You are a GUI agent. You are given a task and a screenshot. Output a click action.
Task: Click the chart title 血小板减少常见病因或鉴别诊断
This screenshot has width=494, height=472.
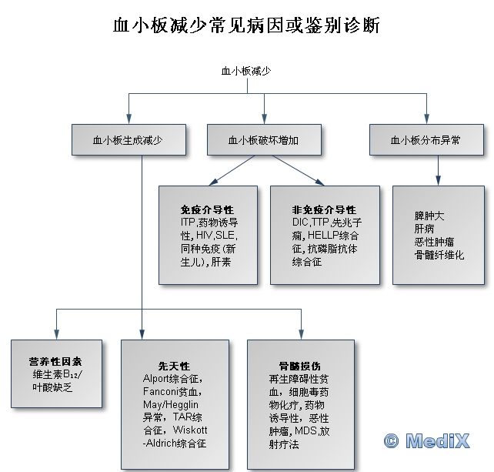246,25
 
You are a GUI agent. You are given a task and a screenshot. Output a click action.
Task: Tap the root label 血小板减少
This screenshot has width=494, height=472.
246,71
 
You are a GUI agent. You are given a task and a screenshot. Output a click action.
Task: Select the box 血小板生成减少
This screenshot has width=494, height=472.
129,140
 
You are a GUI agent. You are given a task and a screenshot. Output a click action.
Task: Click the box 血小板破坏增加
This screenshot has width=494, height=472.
263,140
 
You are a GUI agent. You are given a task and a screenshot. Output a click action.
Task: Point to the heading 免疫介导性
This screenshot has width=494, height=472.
207,209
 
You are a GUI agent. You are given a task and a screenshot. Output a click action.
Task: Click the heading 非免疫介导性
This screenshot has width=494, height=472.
324,209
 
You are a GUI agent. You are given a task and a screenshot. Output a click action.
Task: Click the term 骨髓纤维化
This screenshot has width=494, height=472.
439,255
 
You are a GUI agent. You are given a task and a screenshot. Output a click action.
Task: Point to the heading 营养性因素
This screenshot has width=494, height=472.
56,360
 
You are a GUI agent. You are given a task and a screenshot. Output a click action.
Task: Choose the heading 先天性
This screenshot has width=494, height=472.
174,365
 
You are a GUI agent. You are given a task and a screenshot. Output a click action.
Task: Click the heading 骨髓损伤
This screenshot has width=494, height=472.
295,367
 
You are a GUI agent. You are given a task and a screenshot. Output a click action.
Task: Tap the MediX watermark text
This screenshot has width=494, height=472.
442,442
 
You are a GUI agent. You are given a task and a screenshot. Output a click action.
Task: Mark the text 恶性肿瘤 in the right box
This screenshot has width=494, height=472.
434,242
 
